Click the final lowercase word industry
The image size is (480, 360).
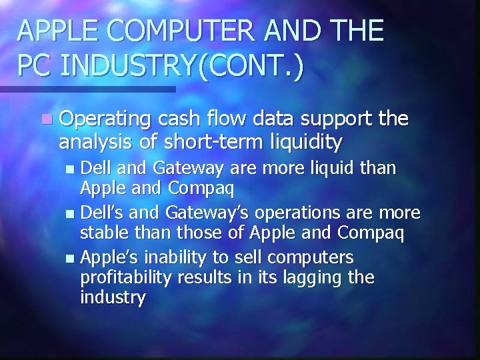(112, 297)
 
